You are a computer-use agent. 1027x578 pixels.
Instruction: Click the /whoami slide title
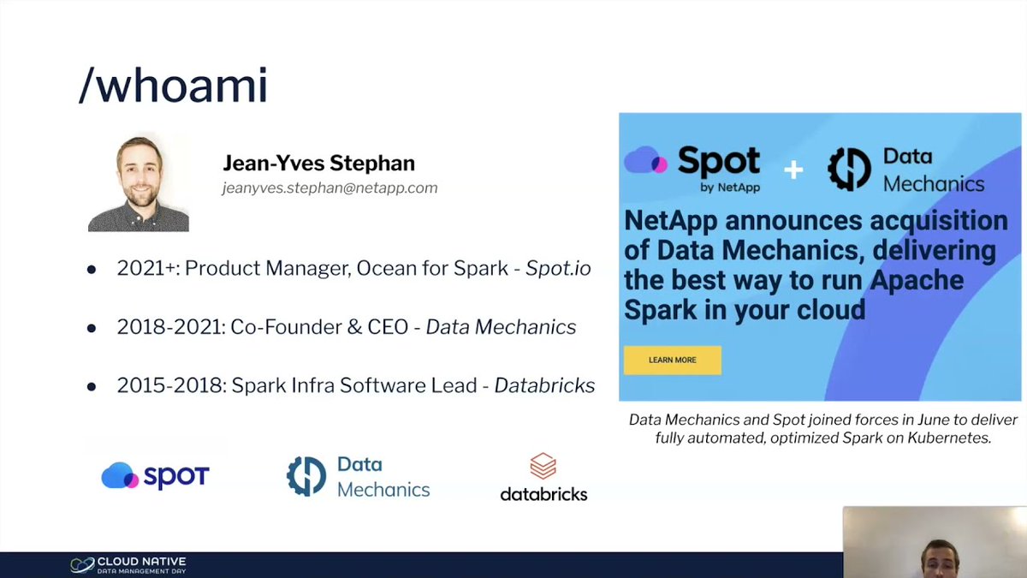(173, 86)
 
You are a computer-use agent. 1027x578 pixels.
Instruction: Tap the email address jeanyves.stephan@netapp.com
(329, 188)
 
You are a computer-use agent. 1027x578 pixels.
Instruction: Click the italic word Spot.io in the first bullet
(558, 268)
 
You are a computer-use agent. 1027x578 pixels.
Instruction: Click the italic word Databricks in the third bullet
(545, 385)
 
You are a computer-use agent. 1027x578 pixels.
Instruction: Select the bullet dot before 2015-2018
(92, 386)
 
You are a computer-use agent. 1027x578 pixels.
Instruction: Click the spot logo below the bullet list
(155, 476)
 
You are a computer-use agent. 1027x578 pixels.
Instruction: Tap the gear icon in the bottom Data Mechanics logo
(306, 476)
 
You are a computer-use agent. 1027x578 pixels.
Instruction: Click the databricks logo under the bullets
(543, 478)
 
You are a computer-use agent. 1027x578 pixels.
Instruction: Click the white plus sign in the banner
(793, 170)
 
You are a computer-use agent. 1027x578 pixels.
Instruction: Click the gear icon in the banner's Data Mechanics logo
(849, 170)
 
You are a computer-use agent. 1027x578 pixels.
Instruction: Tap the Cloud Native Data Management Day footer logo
(128, 564)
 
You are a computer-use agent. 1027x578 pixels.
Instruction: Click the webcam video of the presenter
(935, 542)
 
